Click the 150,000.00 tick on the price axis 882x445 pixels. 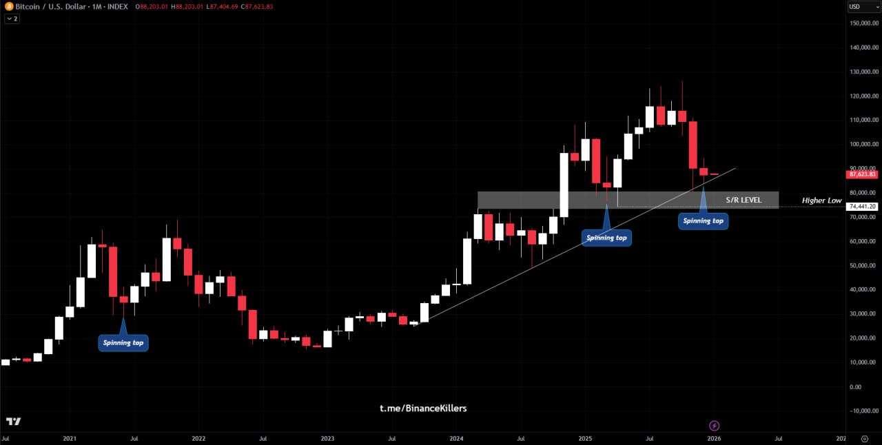coord(864,23)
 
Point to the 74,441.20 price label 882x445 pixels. coord(862,207)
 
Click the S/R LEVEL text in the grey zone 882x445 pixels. coord(743,200)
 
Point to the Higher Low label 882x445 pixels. coord(821,200)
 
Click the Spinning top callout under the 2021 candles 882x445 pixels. coord(123,342)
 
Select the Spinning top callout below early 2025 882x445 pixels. coord(606,238)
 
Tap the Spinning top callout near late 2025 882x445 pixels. coord(703,220)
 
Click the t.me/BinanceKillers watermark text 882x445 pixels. coord(423,408)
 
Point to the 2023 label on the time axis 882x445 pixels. coord(327,438)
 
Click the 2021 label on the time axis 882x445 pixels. coord(69,438)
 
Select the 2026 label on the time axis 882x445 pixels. coord(715,438)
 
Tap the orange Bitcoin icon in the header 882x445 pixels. coord(10,6)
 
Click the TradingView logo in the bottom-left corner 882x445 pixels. coord(13,421)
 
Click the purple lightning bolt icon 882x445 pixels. coord(715,426)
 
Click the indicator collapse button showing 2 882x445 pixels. coord(12,19)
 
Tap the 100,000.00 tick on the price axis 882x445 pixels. coord(864,145)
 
